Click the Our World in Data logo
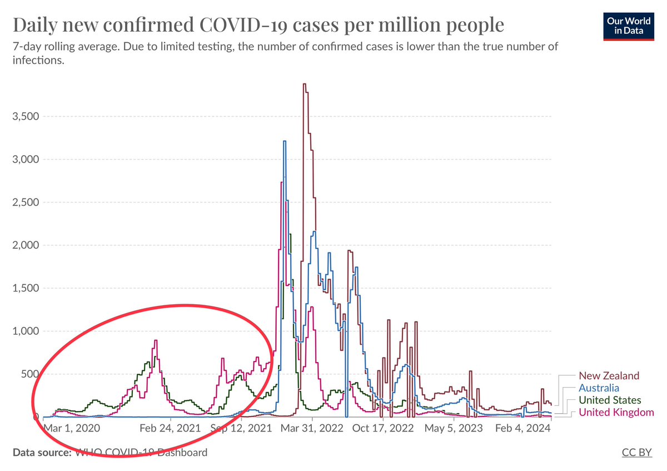tap(629, 26)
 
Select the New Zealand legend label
tap(609, 376)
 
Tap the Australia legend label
tap(599, 388)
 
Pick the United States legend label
tap(610, 400)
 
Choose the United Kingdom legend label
tap(616, 412)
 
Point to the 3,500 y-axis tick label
tap(26, 116)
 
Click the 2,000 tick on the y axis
tap(26, 245)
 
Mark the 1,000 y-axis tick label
tap(26, 331)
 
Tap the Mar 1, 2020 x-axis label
tap(72, 428)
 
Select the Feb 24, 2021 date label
tap(170, 428)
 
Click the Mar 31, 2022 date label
tap(312, 428)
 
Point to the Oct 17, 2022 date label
tap(383, 428)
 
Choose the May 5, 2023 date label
tap(454, 428)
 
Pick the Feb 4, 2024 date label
tap(523, 428)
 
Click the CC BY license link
tap(637, 453)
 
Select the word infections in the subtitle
tap(38, 61)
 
